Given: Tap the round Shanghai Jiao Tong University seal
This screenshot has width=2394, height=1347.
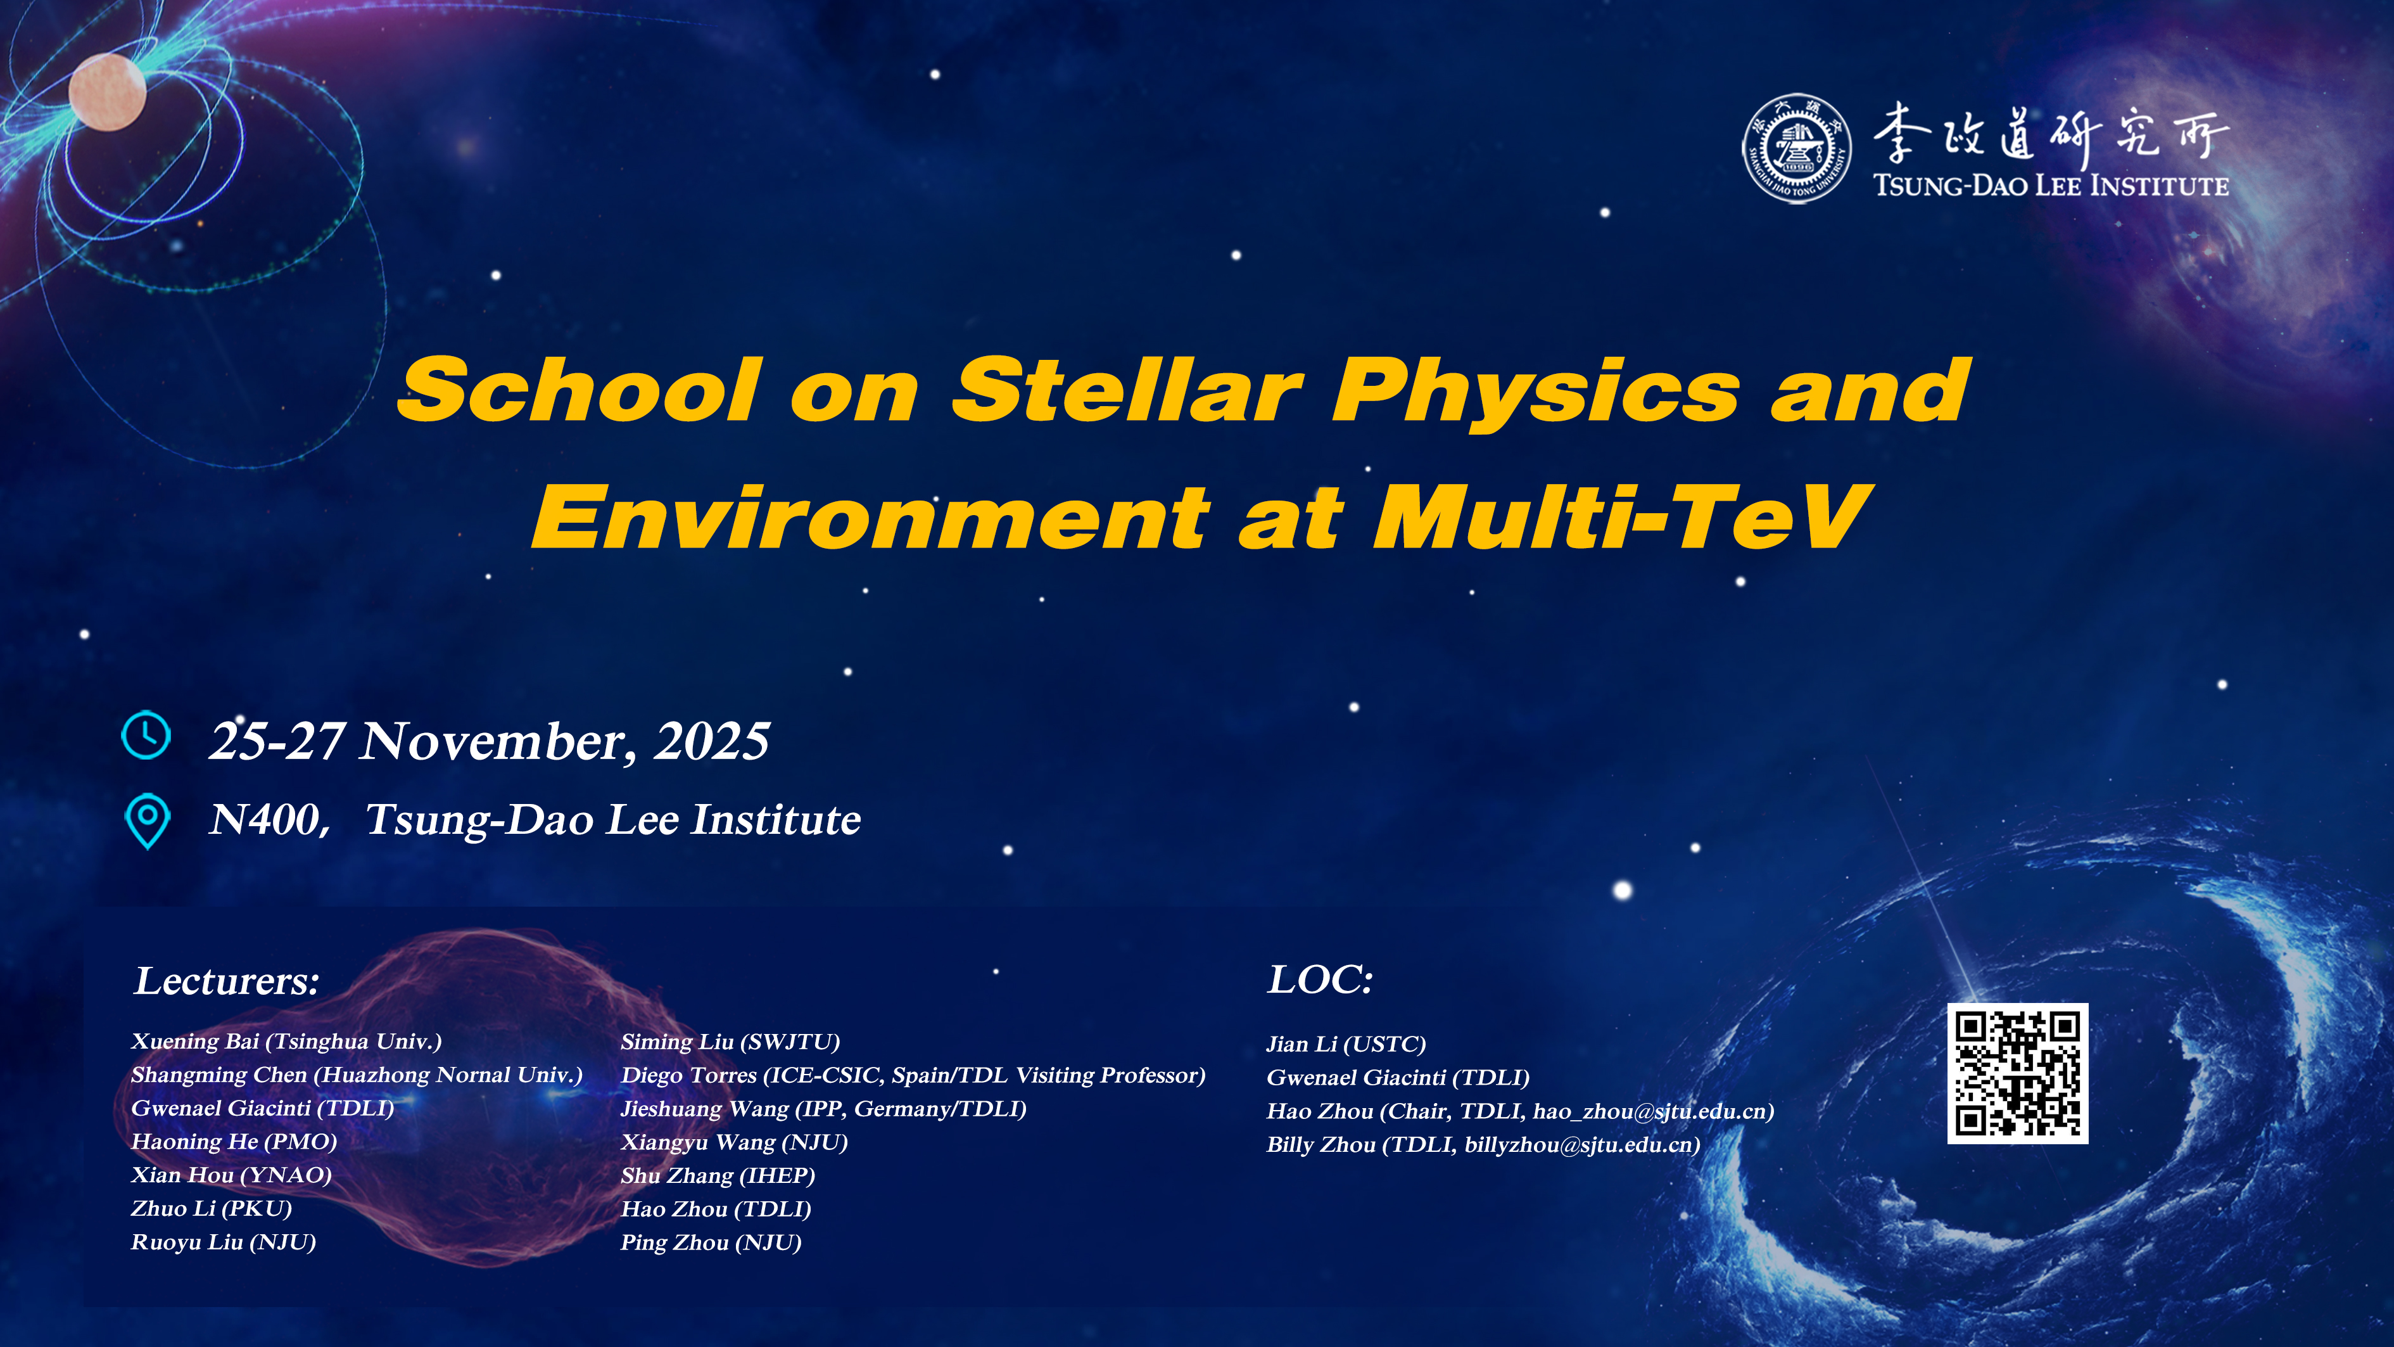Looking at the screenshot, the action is [1795, 148].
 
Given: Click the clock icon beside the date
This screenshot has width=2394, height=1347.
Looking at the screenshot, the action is [146, 736].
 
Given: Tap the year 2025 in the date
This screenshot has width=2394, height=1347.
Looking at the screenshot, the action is [712, 742].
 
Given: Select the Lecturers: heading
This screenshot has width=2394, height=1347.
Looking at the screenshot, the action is [228, 981].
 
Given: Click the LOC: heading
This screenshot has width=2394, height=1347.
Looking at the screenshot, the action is [1320, 980].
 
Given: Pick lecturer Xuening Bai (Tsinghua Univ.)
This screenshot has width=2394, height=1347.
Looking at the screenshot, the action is [286, 1041].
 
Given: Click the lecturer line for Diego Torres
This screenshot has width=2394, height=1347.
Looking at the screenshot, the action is [913, 1076].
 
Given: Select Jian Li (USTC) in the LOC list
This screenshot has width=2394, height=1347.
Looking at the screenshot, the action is [1346, 1044].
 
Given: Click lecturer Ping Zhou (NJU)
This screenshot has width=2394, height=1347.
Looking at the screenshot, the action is [711, 1243].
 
